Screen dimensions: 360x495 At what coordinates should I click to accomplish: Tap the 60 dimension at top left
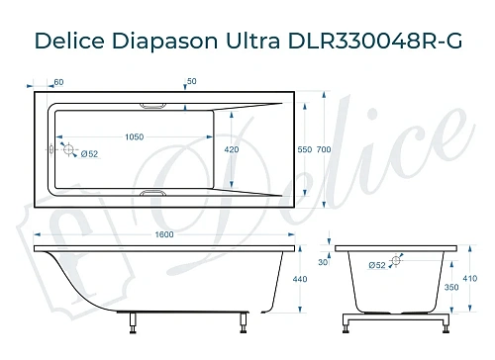(x=58, y=81)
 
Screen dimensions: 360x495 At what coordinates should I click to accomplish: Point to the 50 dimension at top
(x=191, y=81)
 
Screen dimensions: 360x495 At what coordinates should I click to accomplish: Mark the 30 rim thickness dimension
(x=323, y=261)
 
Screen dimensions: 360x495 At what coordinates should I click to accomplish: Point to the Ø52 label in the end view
(x=376, y=265)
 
